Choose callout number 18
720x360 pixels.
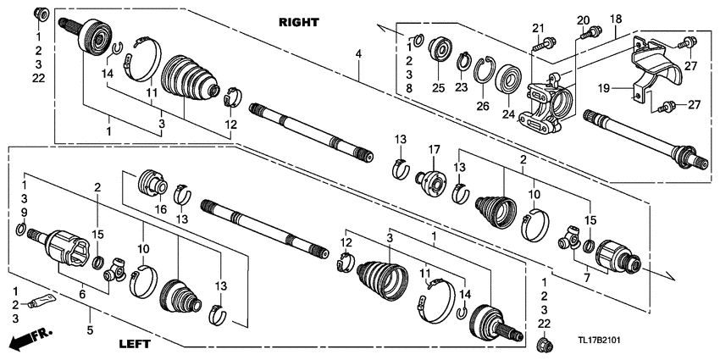616,19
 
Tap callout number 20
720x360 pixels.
582,20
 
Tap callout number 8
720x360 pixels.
411,87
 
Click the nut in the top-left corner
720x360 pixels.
40,14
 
